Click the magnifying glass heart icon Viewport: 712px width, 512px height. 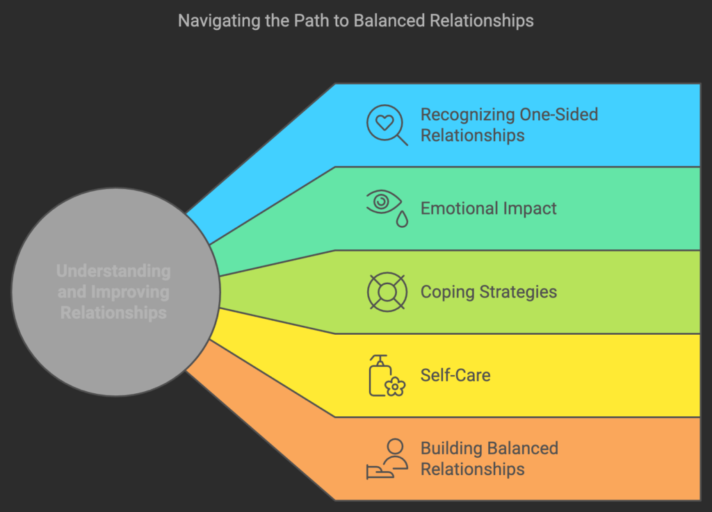387,125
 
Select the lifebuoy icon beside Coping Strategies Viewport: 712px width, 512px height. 387,292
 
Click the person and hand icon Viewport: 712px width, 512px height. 387,459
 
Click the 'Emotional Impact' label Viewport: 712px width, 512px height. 488,208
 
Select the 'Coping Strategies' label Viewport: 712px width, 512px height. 488,292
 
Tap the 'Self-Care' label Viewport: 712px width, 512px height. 455,375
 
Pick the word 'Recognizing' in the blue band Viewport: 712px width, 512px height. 466,115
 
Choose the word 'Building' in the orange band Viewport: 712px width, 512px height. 450,448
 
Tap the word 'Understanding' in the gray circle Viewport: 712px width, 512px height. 113,271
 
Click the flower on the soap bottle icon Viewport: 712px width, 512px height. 395,386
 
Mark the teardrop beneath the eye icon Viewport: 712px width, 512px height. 403,219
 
